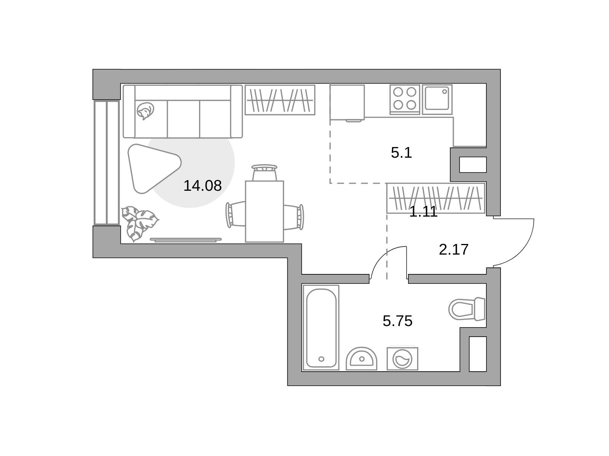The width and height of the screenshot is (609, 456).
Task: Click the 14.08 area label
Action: [x=202, y=185]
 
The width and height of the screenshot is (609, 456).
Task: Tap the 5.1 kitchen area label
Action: [x=401, y=152]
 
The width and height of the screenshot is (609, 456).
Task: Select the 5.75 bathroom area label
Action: [x=397, y=321]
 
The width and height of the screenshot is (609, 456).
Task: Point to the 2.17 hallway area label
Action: [x=454, y=249]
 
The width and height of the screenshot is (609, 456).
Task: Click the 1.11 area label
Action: [x=423, y=212]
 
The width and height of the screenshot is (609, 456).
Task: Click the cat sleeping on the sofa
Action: [x=145, y=111]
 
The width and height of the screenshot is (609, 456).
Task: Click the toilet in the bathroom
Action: [x=467, y=309]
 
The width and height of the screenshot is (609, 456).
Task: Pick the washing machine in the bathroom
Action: [x=402, y=359]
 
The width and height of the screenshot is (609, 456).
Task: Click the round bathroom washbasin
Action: [x=361, y=359]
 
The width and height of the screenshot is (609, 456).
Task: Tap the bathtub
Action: [x=321, y=328]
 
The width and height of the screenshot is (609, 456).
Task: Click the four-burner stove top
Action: [x=405, y=100]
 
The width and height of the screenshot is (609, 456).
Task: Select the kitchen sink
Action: [x=437, y=100]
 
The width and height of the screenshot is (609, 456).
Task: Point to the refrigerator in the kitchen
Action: [x=347, y=103]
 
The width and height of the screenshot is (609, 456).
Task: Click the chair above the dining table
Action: [x=264, y=173]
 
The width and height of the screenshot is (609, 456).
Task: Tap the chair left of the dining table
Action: [x=236, y=215]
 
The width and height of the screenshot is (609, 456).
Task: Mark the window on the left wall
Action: [x=107, y=163]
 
